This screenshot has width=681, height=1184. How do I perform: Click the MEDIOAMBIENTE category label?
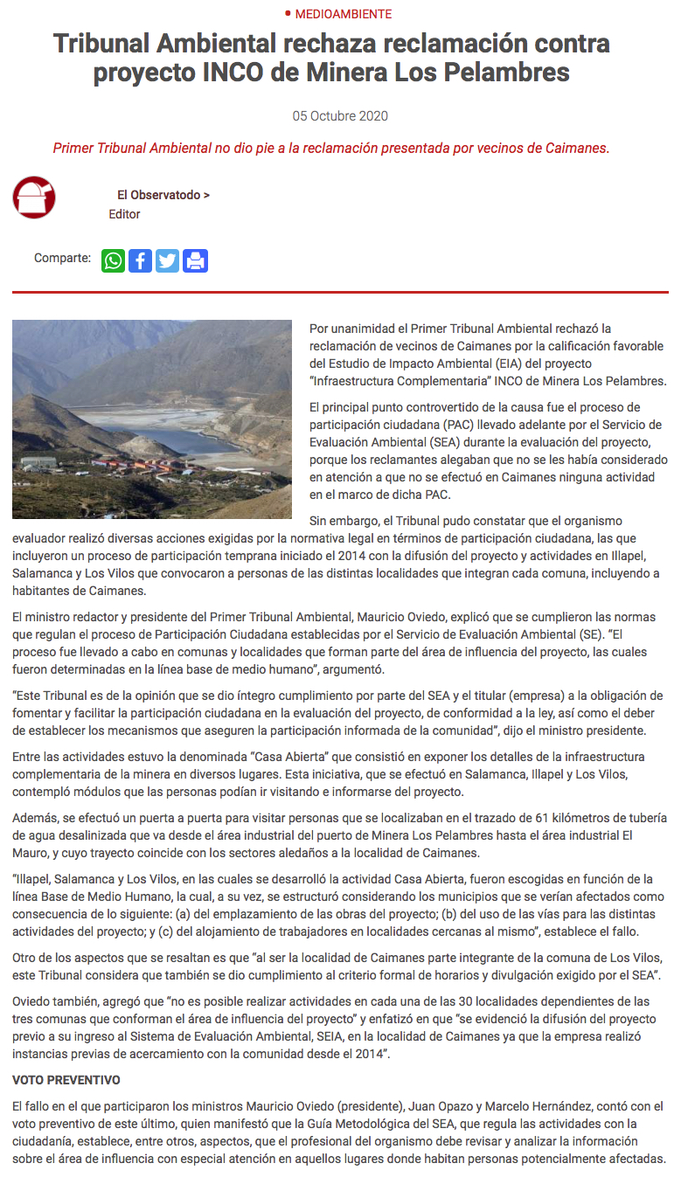click(x=343, y=14)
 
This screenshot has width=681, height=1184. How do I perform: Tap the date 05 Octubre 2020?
click(x=340, y=116)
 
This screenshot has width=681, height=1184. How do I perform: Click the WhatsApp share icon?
click(x=114, y=260)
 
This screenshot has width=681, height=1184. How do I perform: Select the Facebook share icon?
click(x=140, y=260)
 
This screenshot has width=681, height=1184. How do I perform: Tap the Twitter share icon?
click(x=167, y=260)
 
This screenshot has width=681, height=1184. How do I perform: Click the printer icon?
click(x=195, y=260)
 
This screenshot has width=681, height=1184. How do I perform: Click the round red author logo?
click(x=34, y=197)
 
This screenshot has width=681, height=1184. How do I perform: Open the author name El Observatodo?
click(x=163, y=196)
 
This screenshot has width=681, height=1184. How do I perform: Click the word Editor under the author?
click(x=124, y=214)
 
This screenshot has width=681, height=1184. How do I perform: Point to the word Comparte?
click(x=62, y=258)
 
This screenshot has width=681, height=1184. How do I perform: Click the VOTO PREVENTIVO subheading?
click(x=66, y=1081)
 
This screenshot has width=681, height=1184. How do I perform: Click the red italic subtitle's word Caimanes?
click(x=574, y=149)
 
